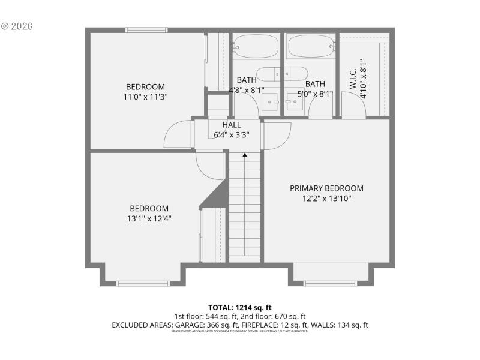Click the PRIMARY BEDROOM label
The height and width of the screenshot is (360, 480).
pos(326,188)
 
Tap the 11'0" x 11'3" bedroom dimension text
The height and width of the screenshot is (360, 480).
pos(145,97)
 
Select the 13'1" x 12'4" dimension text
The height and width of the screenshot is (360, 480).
pos(149,219)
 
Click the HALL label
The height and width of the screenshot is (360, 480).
pos(232,125)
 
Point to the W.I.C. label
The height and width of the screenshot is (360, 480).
pos(353,78)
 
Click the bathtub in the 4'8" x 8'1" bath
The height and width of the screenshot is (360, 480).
pos(256,45)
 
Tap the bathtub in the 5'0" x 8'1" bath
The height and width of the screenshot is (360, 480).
pos(310,45)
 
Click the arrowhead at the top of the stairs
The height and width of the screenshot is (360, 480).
pos(245,155)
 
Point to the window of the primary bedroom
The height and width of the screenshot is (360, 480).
pos(329,283)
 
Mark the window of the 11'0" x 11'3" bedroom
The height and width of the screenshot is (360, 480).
pos(146,30)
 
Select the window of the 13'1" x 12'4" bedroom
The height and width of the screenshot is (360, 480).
pos(143,283)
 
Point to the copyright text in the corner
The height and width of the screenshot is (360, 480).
pos(17,26)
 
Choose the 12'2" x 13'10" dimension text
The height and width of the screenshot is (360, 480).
pos(326,198)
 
